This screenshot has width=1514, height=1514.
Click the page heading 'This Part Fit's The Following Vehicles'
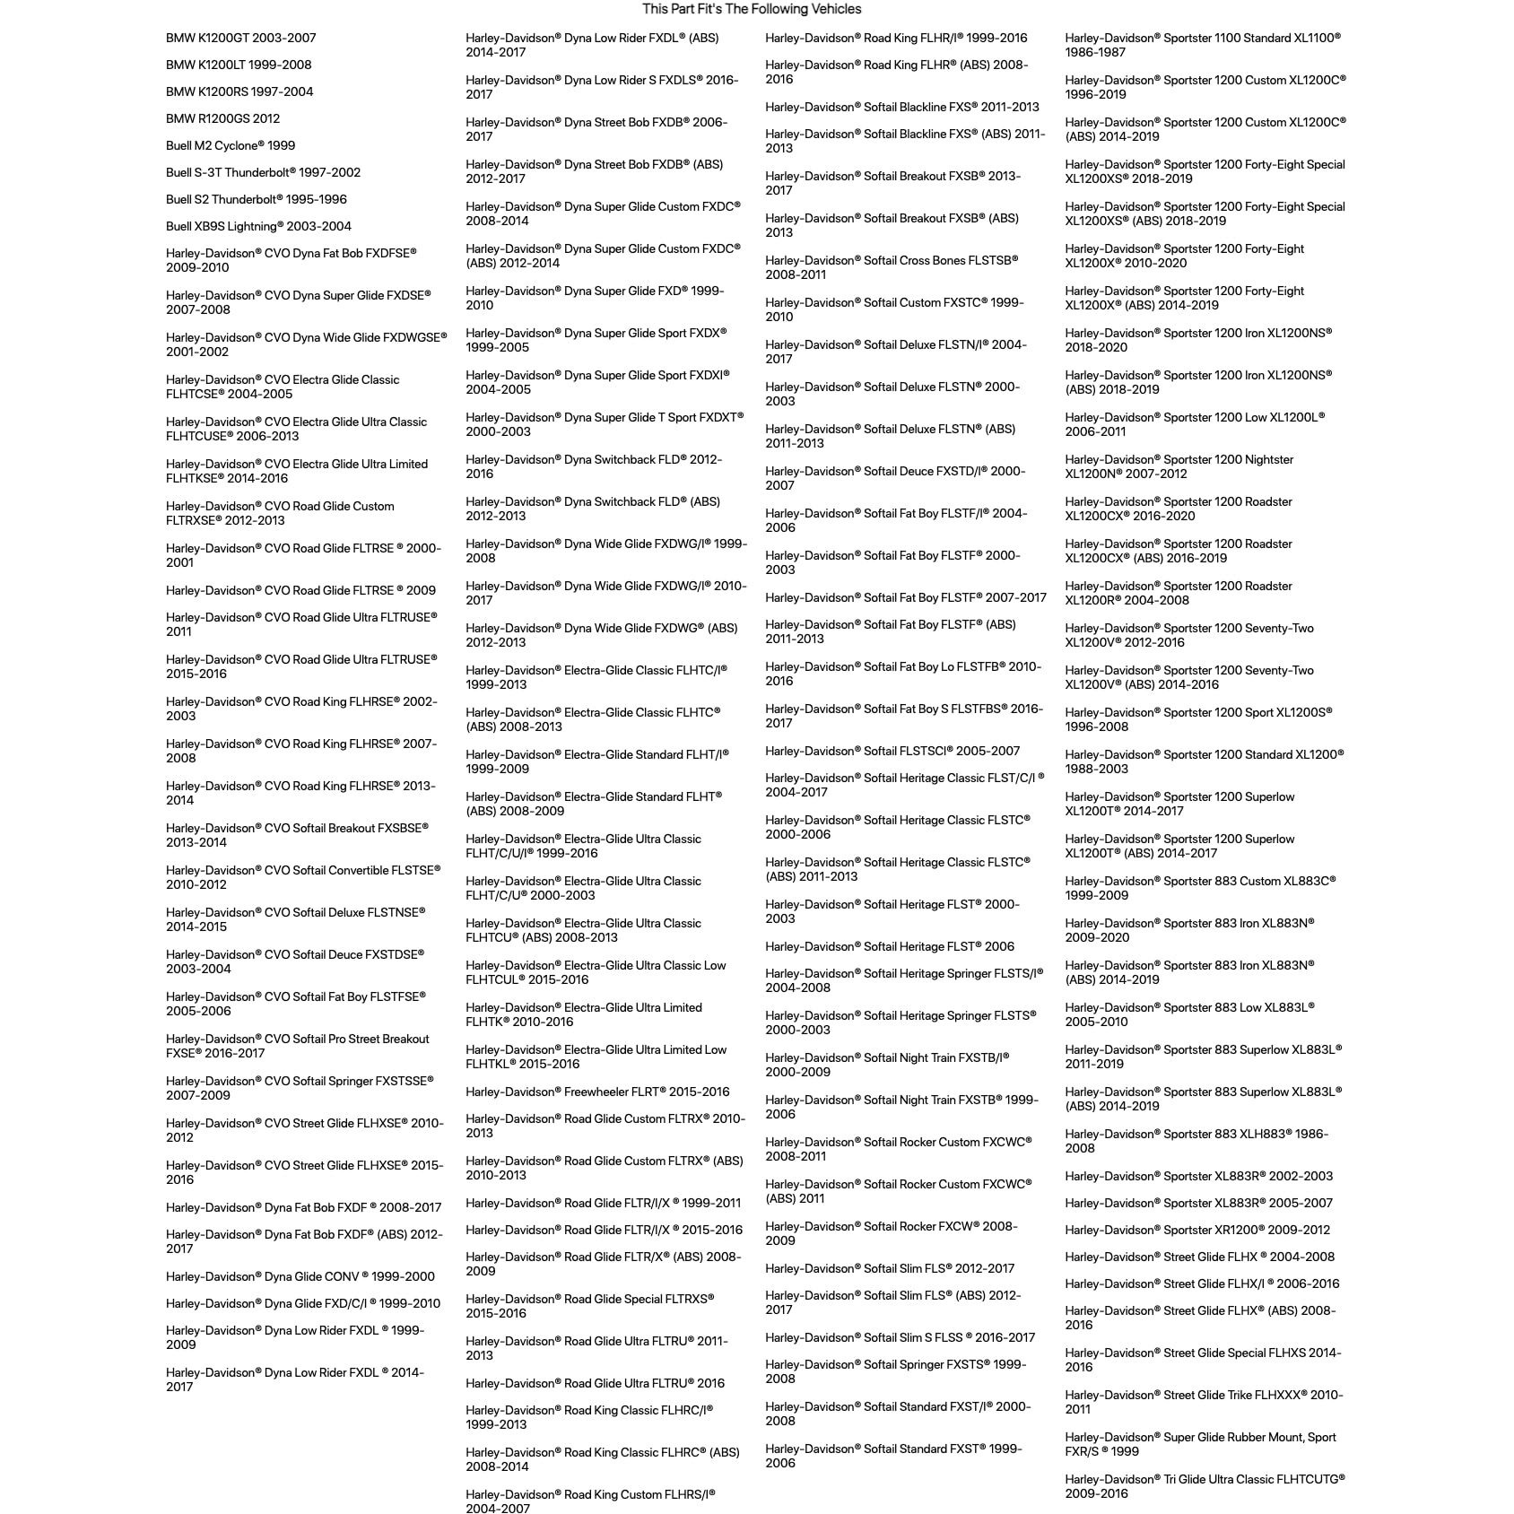752,9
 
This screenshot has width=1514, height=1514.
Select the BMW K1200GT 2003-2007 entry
240,38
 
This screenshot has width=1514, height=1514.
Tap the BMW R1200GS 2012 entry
222,118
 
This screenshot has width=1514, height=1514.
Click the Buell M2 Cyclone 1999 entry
231,145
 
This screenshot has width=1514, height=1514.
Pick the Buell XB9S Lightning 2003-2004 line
258,226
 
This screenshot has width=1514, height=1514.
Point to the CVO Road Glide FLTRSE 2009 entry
300,590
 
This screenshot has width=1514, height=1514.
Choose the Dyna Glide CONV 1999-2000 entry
300,1276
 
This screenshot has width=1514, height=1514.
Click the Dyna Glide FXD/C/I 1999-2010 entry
302,1303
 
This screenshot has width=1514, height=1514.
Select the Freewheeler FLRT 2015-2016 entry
597,1092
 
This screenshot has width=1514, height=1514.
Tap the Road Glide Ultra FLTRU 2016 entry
595,1383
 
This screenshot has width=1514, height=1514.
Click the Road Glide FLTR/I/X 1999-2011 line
603,1203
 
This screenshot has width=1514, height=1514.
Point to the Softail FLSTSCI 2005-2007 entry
892,751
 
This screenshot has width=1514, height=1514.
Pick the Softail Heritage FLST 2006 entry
890,946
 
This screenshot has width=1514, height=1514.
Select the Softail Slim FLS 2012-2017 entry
890,1268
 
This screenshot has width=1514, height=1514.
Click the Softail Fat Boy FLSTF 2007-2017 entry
906,597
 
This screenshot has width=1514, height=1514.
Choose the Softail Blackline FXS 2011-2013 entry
902,107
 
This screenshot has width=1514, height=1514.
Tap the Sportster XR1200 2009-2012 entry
1197,1230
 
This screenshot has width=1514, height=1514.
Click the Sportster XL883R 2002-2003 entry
1198,1176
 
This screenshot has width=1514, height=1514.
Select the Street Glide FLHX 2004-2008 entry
1199,1257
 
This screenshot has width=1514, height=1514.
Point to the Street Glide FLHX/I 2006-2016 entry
1202,1283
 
